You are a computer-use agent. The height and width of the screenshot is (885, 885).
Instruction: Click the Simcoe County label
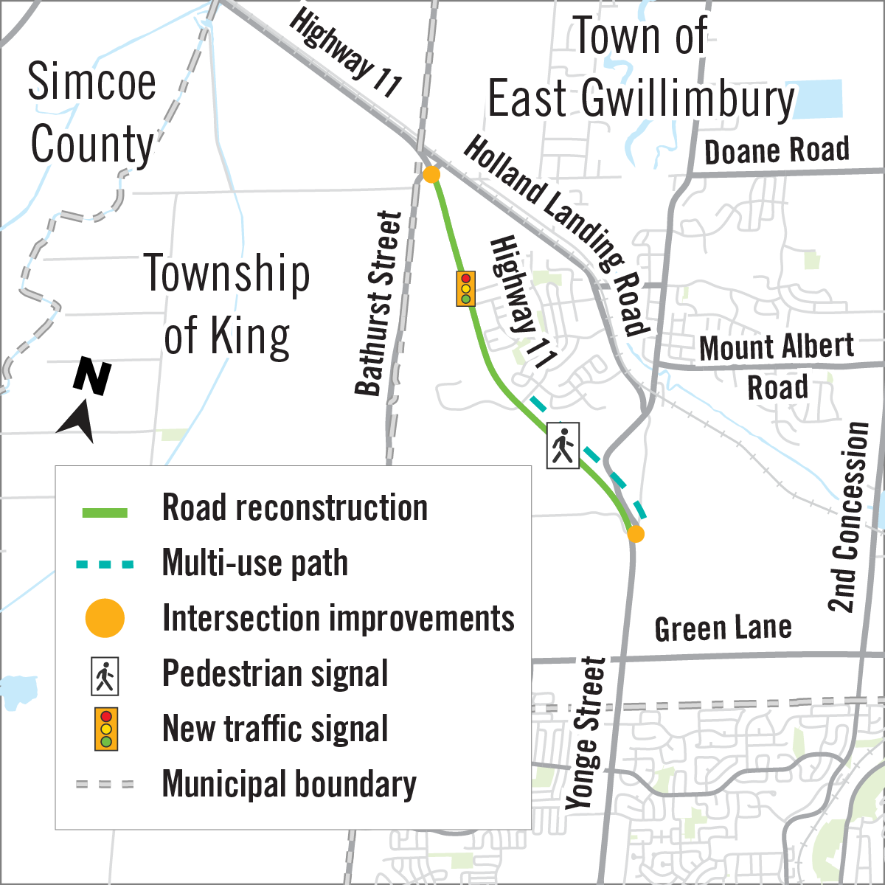click(92, 113)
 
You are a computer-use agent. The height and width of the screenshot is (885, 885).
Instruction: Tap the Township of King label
click(226, 304)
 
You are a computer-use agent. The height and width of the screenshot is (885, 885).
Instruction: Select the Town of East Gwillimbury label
click(640, 68)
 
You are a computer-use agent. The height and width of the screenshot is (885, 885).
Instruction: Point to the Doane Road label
click(777, 151)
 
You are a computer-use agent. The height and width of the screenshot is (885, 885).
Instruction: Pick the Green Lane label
click(723, 628)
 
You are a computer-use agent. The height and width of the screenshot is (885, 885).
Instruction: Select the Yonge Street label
click(586, 734)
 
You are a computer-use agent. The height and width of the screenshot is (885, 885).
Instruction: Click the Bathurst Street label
click(378, 303)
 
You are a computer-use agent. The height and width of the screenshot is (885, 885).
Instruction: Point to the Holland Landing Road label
click(557, 235)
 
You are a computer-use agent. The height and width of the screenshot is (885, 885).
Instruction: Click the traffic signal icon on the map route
click(465, 288)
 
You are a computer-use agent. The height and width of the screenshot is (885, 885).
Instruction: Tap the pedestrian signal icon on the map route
click(563, 445)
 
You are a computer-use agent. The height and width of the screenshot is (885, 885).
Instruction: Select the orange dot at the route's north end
click(431, 175)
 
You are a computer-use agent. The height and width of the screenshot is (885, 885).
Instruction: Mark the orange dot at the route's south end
click(635, 534)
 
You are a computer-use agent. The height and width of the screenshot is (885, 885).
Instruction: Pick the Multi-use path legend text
click(254, 563)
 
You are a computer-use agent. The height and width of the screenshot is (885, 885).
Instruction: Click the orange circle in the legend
click(105, 618)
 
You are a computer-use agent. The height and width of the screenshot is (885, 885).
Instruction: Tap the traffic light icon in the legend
click(106, 729)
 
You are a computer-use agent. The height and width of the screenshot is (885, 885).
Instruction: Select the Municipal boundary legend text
click(289, 784)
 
